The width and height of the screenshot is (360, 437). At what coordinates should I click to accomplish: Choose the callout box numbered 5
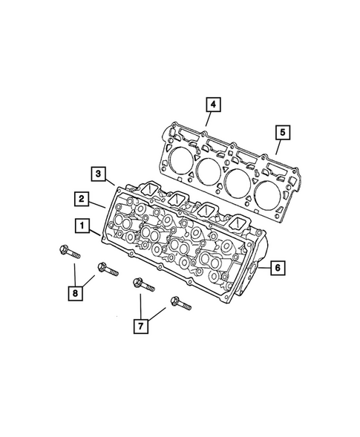[281, 134]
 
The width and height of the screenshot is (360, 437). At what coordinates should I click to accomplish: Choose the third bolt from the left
[142, 285]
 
